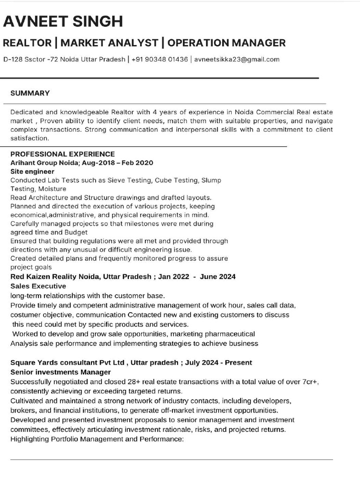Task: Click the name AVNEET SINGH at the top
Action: point(63,22)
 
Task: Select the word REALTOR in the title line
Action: point(27,43)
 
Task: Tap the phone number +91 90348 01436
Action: point(159,60)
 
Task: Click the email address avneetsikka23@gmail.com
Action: point(237,60)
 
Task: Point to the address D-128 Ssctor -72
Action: point(31,60)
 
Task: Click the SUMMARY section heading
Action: point(30,93)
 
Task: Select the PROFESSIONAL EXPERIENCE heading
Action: point(62,154)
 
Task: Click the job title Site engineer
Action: point(32,172)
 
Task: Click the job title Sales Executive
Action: point(38,286)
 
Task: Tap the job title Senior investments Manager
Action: point(60,372)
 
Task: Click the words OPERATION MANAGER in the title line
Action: point(226,43)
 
